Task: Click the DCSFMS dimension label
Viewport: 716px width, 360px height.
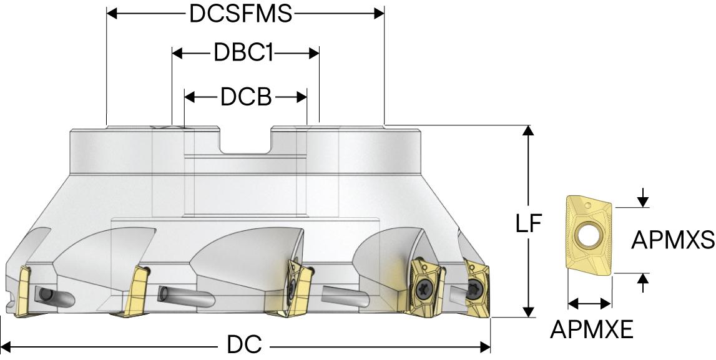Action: coord(241,14)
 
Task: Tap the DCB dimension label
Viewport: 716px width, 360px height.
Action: coord(245,97)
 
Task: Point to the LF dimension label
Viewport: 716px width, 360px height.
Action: coord(529,224)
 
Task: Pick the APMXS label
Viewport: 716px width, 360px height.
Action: coord(672,240)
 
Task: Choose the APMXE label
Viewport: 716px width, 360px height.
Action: coord(592,329)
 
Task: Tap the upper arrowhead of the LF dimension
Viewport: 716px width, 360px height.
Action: coord(529,131)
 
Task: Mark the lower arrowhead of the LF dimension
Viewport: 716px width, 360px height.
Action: coord(529,312)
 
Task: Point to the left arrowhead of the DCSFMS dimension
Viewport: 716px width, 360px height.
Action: coord(113,14)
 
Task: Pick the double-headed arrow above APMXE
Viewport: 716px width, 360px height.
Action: coord(589,304)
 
